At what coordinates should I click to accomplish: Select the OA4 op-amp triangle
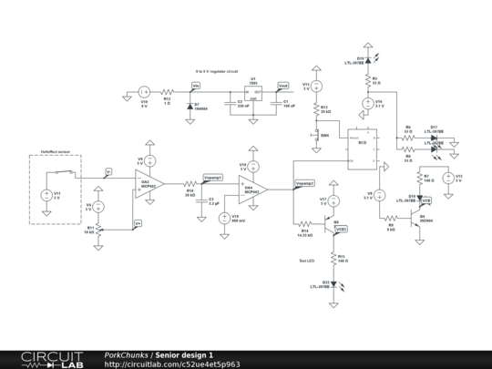tap(251, 190)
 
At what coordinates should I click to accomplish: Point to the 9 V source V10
tap(144, 92)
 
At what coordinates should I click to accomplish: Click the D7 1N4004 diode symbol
tap(190, 106)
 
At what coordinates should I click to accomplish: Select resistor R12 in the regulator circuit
tap(167, 92)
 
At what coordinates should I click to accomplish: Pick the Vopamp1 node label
tap(211, 179)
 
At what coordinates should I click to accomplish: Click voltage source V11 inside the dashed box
tap(46, 195)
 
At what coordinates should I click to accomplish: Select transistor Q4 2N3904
tap(415, 219)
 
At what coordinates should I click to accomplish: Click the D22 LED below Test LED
tap(333, 283)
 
